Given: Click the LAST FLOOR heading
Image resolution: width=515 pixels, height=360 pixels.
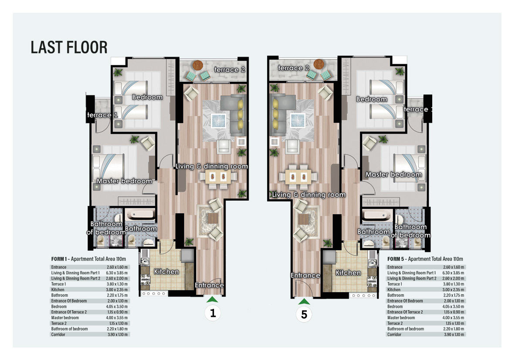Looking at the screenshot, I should [69, 47].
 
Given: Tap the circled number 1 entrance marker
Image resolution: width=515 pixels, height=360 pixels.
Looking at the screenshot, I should [213, 314].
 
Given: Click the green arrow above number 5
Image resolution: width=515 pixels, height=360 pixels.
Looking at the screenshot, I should [304, 301].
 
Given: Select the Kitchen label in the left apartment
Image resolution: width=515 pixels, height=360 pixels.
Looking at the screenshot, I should [166, 272].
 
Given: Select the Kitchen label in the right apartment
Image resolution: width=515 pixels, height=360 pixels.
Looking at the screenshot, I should [348, 273].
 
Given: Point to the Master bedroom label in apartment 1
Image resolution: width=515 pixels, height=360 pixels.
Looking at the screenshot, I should [124, 181].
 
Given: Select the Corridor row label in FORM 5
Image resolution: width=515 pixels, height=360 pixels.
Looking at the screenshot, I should [395, 334].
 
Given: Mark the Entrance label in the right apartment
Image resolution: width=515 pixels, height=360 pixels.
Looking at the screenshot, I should [305, 275].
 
